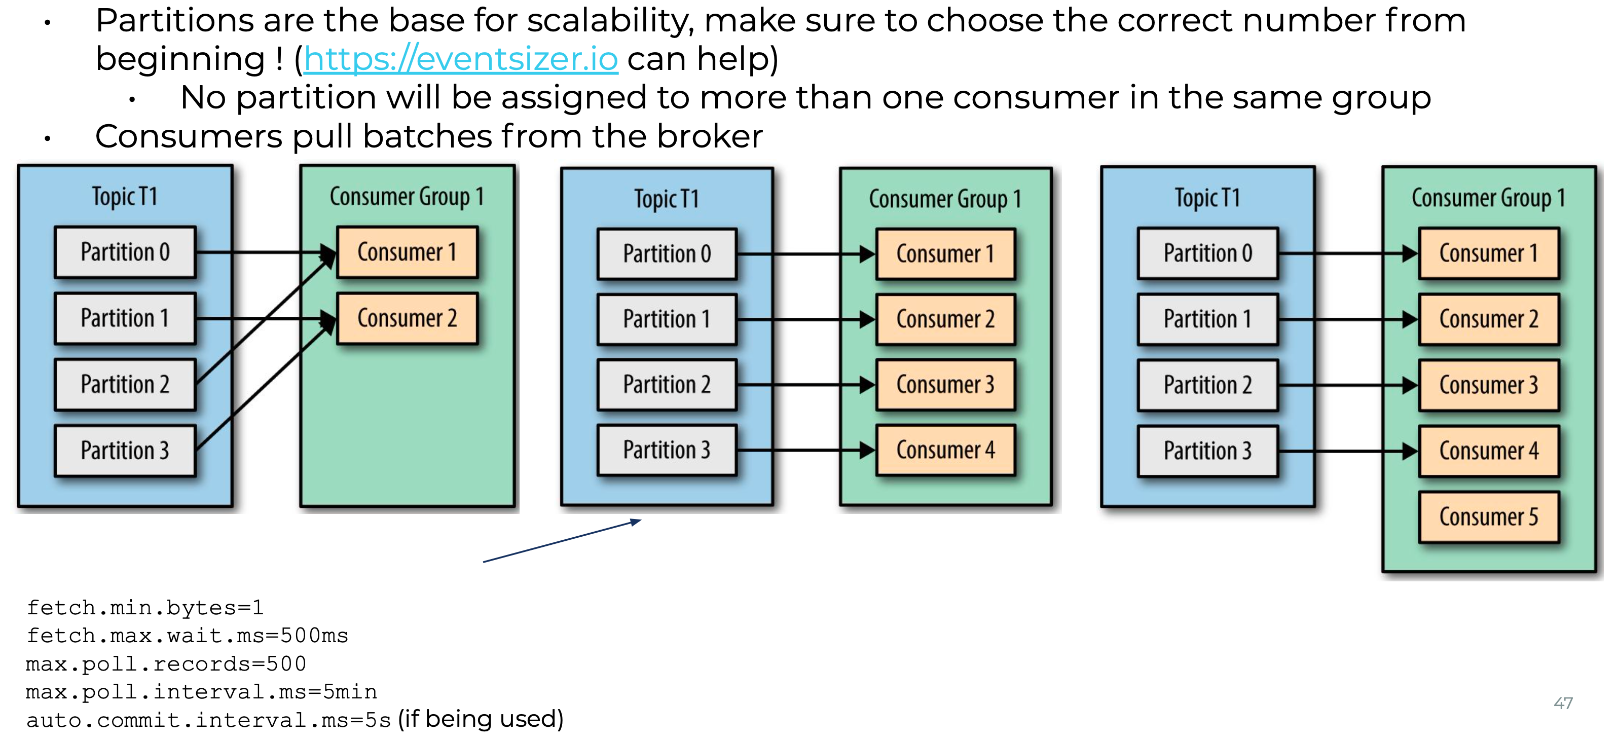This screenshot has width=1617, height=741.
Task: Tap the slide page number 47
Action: pos(1563,703)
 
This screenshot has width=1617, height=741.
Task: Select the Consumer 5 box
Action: pos(1488,517)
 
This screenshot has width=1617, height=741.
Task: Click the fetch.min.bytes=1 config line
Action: pos(145,607)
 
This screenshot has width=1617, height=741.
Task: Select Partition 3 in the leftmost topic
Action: pos(125,451)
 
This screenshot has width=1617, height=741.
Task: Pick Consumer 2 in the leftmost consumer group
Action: pos(407,318)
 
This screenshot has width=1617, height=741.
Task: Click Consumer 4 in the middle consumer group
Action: pos(945,450)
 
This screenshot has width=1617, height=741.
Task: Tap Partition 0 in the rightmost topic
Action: pos(1207,253)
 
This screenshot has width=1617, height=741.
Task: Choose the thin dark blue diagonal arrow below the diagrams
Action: pos(562,541)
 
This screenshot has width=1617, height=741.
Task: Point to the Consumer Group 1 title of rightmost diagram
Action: pos(1488,198)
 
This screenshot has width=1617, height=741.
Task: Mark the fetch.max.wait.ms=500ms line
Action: pos(187,636)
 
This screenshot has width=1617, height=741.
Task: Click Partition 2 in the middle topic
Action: pos(667,385)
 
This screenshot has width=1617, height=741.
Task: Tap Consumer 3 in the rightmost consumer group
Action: pos(1488,385)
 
